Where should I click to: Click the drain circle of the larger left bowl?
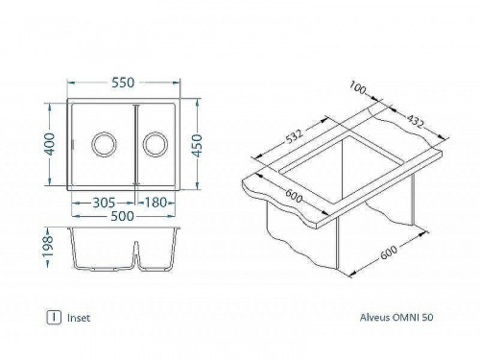pos(101,145)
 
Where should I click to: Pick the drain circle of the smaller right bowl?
pos(154,145)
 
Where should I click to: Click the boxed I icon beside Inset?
pos(54,316)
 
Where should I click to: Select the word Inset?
pos(80,316)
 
